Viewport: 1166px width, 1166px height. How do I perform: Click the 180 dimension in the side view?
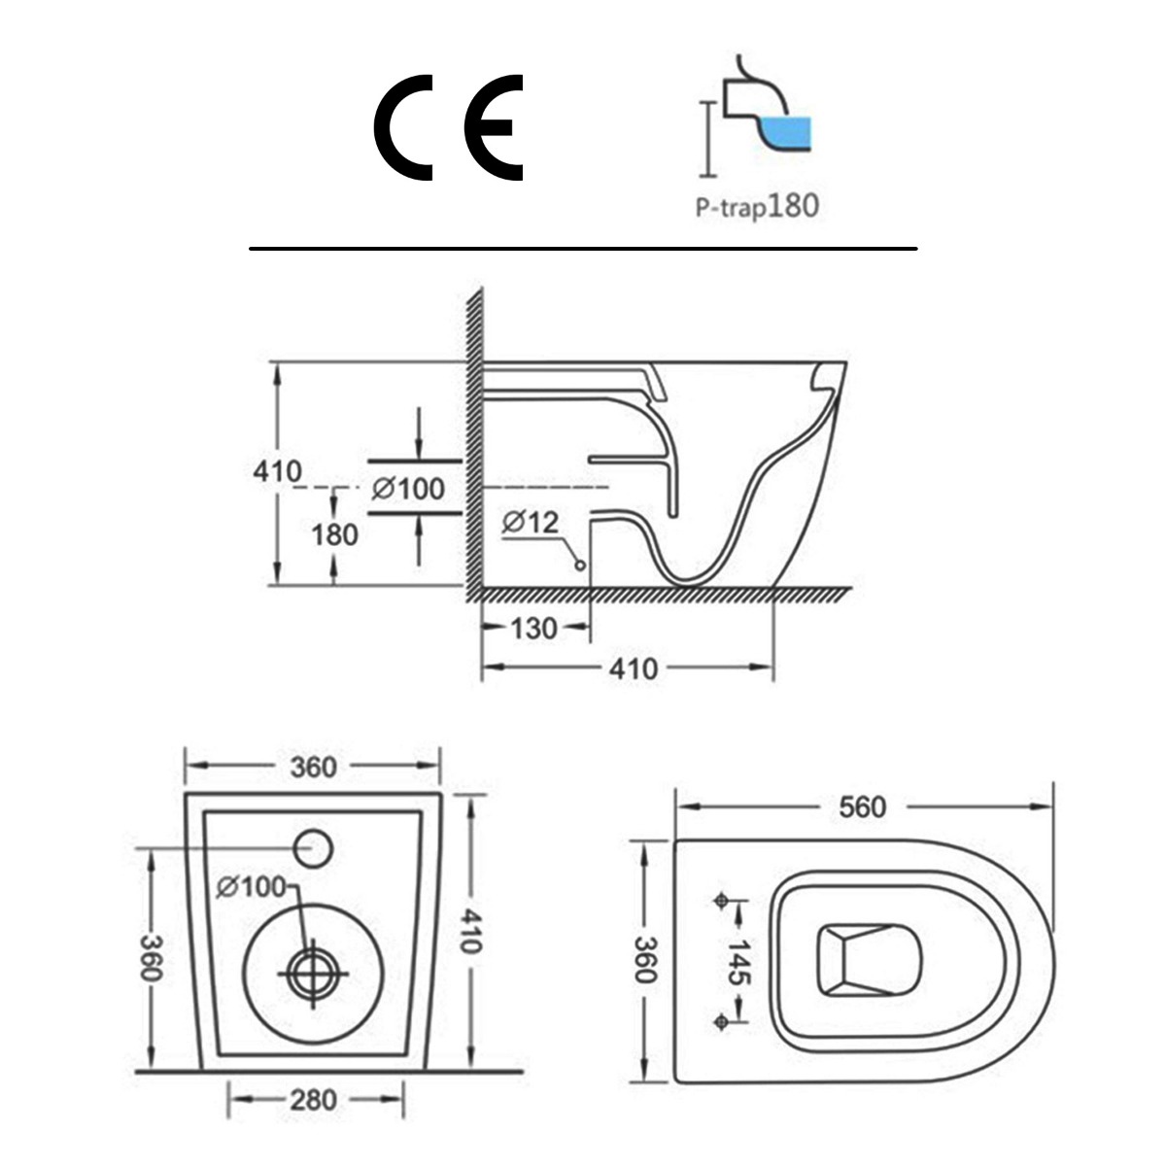click(335, 534)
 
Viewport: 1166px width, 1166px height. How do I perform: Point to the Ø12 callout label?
click(532, 523)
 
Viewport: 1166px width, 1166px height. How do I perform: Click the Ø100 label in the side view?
click(408, 488)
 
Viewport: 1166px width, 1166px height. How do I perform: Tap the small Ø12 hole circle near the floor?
click(580, 565)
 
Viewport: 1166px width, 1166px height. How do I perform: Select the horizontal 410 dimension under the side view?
click(634, 669)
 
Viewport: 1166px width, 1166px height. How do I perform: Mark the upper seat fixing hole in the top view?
click(720, 901)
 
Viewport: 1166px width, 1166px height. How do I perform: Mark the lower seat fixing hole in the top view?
click(720, 1020)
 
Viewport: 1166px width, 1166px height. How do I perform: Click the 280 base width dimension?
click(314, 1100)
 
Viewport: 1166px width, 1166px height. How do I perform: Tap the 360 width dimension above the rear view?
click(314, 767)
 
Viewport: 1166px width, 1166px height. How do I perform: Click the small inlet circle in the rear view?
click(314, 848)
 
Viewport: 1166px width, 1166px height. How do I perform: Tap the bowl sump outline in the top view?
click(870, 959)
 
